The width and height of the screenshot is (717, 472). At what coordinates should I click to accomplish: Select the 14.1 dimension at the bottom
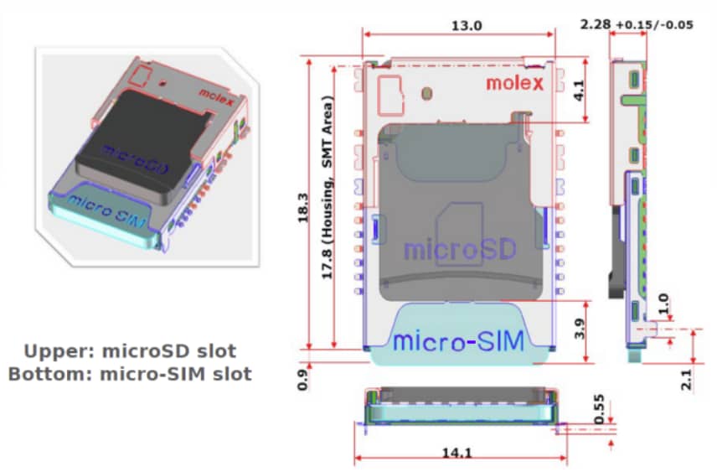[x=457, y=453]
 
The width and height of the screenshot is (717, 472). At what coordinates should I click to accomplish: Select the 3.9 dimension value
[x=578, y=327]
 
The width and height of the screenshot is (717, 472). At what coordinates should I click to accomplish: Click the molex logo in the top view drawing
[x=514, y=82]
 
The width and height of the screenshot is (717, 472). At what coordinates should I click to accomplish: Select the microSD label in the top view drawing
[x=458, y=250]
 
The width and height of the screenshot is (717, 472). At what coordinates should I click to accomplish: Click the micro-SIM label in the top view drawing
[x=458, y=340]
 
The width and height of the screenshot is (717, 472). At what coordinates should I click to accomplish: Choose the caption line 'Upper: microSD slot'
[x=130, y=350]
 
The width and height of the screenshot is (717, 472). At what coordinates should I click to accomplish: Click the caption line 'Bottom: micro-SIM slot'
[x=130, y=374]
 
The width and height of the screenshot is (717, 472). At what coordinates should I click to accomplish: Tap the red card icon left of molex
[x=390, y=95]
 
